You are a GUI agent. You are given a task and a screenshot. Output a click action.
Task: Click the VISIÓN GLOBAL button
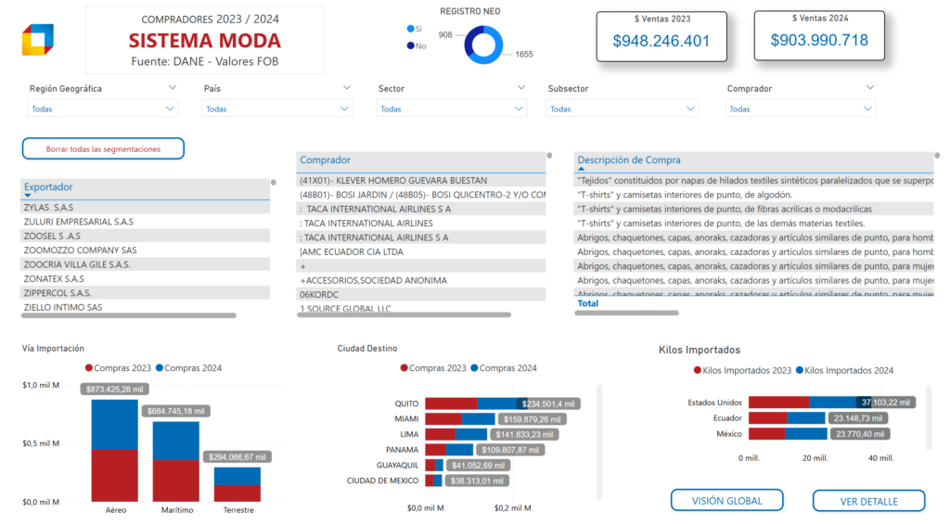click(x=726, y=501)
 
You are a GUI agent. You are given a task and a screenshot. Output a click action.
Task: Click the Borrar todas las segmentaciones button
click(x=103, y=148)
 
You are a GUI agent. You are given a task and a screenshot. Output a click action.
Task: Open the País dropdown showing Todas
click(x=277, y=109)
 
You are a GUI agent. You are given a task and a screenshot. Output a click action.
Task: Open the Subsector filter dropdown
click(x=623, y=109)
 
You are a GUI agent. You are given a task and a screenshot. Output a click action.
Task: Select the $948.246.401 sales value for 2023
click(x=661, y=41)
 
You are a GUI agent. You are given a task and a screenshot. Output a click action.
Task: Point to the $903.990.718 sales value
click(x=819, y=40)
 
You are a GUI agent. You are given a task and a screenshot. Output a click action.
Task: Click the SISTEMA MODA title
click(x=204, y=41)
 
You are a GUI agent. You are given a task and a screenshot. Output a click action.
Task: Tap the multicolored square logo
click(x=38, y=40)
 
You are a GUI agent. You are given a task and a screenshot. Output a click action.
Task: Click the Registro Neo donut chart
click(x=483, y=45)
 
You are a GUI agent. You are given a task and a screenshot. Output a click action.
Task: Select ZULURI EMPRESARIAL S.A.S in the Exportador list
click(x=78, y=222)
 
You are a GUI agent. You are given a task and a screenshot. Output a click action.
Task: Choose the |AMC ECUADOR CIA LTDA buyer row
click(x=352, y=251)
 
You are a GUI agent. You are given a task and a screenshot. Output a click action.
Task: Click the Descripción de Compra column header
click(x=629, y=160)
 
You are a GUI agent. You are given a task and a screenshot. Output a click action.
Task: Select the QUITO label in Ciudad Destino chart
click(x=406, y=404)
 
